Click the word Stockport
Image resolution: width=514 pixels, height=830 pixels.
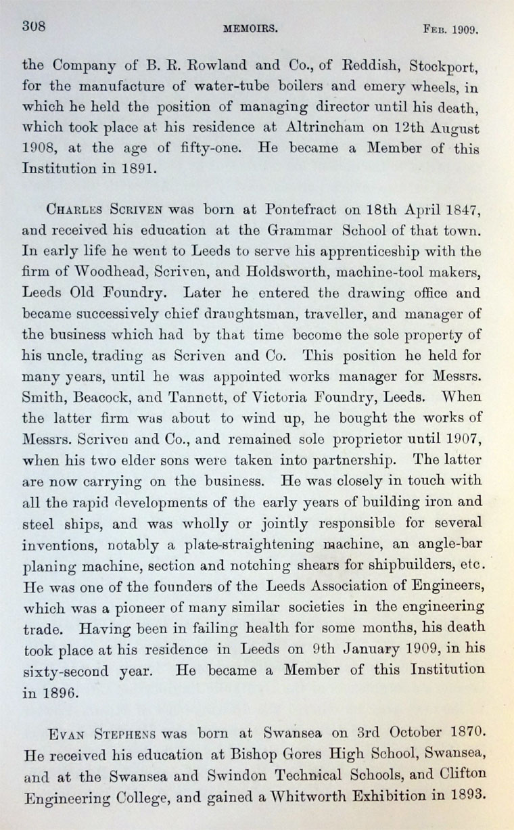point(450,67)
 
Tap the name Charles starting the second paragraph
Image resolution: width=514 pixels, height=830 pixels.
point(69,211)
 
